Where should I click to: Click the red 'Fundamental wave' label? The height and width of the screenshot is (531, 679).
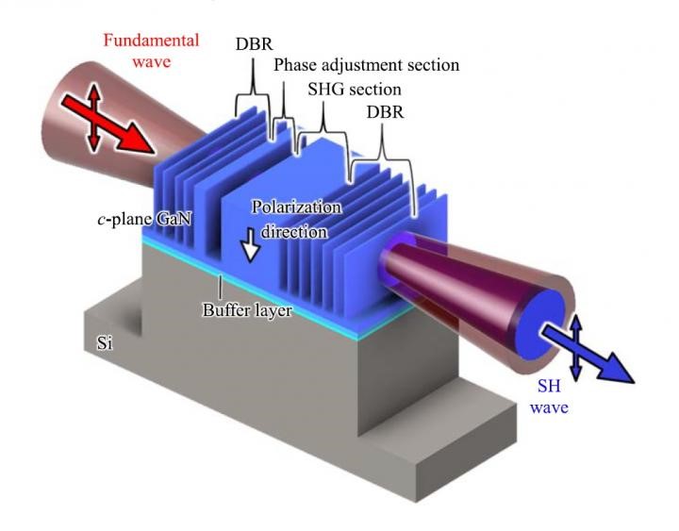pyautogui.click(x=151, y=51)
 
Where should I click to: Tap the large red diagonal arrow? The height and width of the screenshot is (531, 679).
pyautogui.click(x=108, y=124)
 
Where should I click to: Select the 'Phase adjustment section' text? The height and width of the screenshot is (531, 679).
pyautogui.click(x=366, y=65)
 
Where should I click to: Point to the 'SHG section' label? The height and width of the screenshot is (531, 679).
pyautogui.click(x=355, y=90)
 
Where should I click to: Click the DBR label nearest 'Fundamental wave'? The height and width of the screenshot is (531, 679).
pyautogui.click(x=255, y=44)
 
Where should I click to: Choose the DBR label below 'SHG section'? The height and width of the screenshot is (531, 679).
pyautogui.click(x=385, y=112)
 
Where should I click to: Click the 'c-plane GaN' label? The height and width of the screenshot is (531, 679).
pyautogui.click(x=144, y=219)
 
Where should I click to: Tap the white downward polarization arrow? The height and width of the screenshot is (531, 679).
pyautogui.click(x=250, y=245)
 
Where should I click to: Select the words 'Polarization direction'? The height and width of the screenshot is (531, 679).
pyautogui.click(x=297, y=220)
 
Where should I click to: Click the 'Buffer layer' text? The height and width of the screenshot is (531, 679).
pyautogui.click(x=247, y=310)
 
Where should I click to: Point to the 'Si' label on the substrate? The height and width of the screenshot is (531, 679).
pyautogui.click(x=105, y=343)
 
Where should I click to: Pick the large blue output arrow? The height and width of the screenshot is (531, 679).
pyautogui.click(x=588, y=356)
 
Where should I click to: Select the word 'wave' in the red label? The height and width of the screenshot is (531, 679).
pyautogui.click(x=152, y=61)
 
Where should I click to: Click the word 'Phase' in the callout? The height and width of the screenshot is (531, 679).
pyautogui.click(x=295, y=65)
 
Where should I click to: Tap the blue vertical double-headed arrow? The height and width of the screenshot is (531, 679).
pyautogui.click(x=576, y=349)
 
